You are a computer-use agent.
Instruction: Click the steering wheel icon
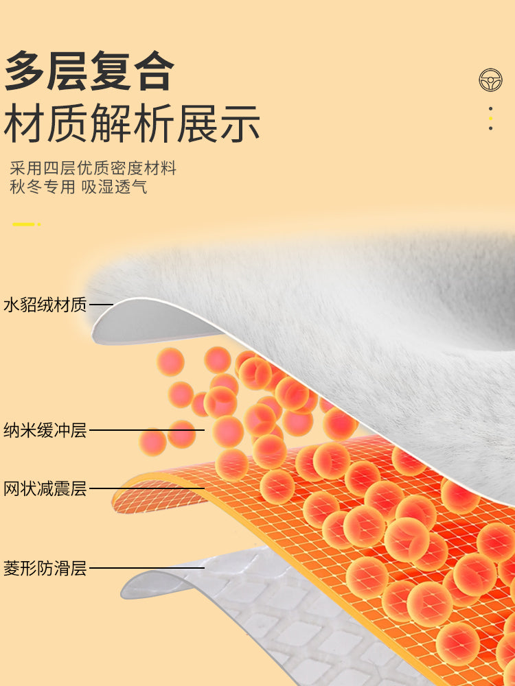(490, 80)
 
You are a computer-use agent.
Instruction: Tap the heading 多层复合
(89, 71)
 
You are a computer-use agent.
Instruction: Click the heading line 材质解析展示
(132, 123)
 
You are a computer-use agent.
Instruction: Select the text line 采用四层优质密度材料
(93, 168)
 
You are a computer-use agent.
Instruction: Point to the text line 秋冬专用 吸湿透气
(78, 187)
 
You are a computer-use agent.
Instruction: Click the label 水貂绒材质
(45, 305)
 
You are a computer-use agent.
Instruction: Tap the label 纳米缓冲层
(45, 430)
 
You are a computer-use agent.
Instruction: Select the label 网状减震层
(45, 488)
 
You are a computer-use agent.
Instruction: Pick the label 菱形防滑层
(45, 568)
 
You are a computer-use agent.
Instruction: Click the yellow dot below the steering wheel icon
(490, 118)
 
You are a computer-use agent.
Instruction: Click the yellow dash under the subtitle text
(23, 224)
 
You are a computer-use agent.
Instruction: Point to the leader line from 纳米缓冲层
(147, 430)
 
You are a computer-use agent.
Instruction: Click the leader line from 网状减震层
(147, 488)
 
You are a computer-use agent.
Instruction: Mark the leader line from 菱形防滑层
(147, 568)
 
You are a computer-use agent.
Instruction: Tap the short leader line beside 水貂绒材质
(101, 305)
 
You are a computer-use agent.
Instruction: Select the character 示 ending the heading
(240, 123)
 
